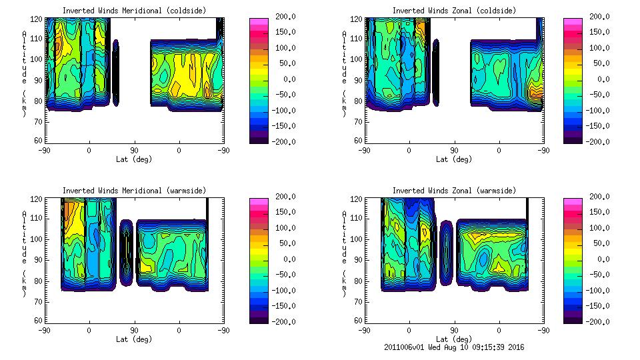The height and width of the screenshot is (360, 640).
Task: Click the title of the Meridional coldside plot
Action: click(x=134, y=11)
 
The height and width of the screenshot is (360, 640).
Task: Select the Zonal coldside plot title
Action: click(x=454, y=11)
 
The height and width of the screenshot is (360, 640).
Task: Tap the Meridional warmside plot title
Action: click(x=134, y=191)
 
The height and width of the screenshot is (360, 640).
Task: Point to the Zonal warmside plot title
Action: click(x=454, y=191)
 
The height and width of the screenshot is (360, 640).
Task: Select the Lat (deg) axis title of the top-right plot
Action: click(x=454, y=159)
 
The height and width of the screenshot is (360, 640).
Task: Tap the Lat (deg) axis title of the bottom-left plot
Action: click(x=134, y=339)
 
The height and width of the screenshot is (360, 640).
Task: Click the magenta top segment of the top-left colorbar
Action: click(x=258, y=21)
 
